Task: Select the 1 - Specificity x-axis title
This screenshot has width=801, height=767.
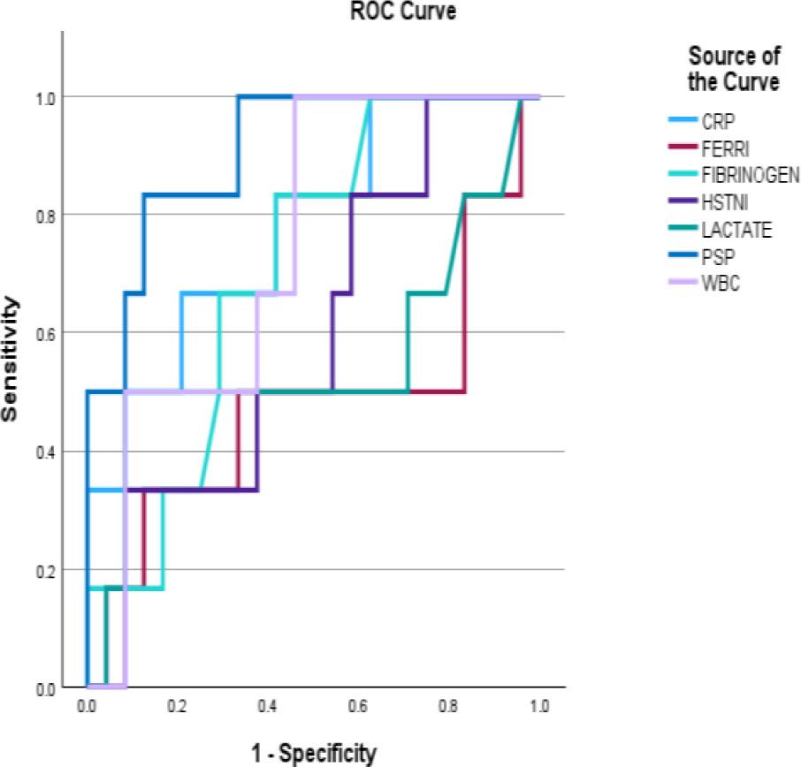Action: click(312, 753)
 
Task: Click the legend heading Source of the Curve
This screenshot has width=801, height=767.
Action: click(734, 71)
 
